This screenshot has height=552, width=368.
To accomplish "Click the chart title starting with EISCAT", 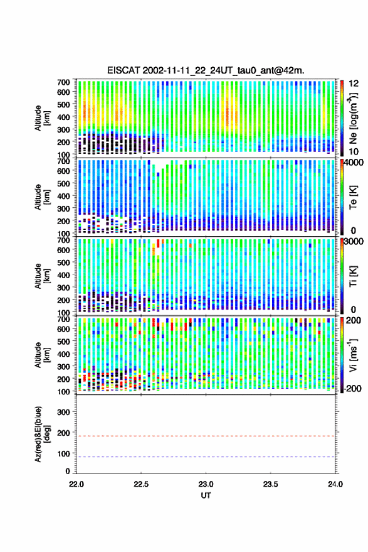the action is pos(206,70).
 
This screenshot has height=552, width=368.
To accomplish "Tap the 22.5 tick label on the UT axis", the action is pos(141,484).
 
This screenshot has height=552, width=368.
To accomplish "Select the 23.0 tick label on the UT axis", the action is pos(206,484).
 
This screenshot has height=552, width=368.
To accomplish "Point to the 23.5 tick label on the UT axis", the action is pos(270,484).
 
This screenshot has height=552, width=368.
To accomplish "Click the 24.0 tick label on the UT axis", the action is pos(335,484).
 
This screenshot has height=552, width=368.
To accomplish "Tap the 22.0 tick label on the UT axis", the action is pos(76,484).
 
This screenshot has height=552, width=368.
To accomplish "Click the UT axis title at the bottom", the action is pos(206,495).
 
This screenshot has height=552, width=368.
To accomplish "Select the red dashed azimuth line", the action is pos(206,436).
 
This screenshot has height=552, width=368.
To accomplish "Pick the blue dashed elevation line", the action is pos(206,457).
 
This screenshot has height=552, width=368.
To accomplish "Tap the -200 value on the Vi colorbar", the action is pos(352,388).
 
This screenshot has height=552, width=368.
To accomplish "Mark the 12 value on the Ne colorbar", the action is pos(354,84).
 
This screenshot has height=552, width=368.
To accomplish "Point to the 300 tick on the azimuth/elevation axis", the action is pos(63,412).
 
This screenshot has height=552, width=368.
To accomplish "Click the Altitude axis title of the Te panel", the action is pos(42,197).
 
